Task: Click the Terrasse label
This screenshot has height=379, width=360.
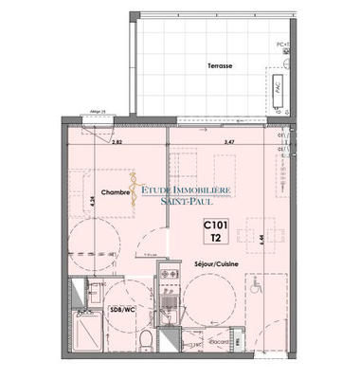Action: [221, 66]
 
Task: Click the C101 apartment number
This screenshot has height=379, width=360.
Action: [218, 226]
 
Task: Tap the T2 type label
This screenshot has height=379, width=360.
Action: [217, 238]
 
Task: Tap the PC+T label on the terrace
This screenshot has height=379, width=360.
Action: [282, 45]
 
